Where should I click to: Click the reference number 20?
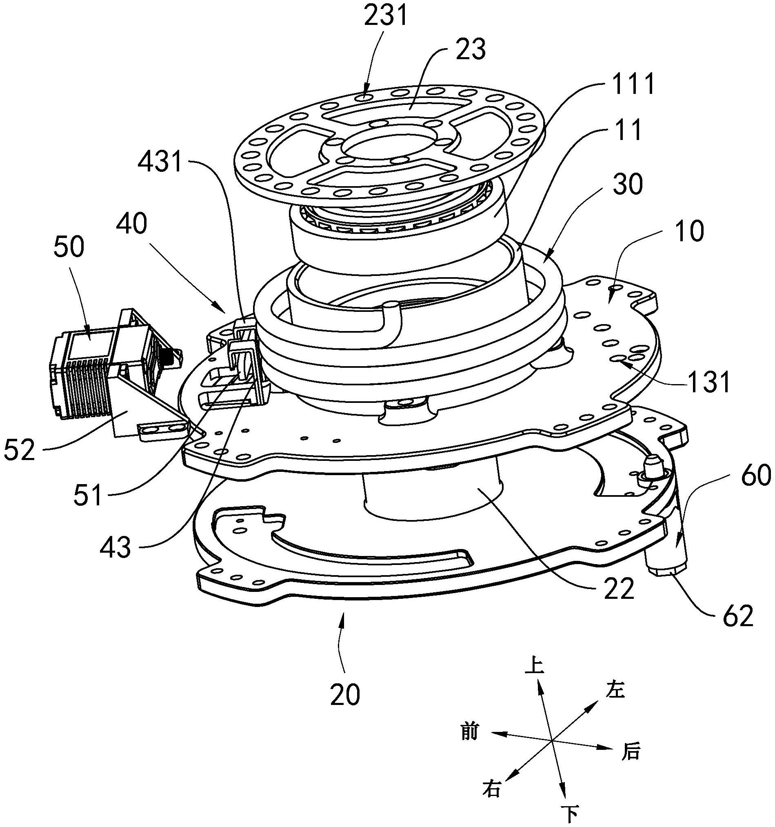[345, 694]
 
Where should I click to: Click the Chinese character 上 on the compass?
[535, 665]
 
